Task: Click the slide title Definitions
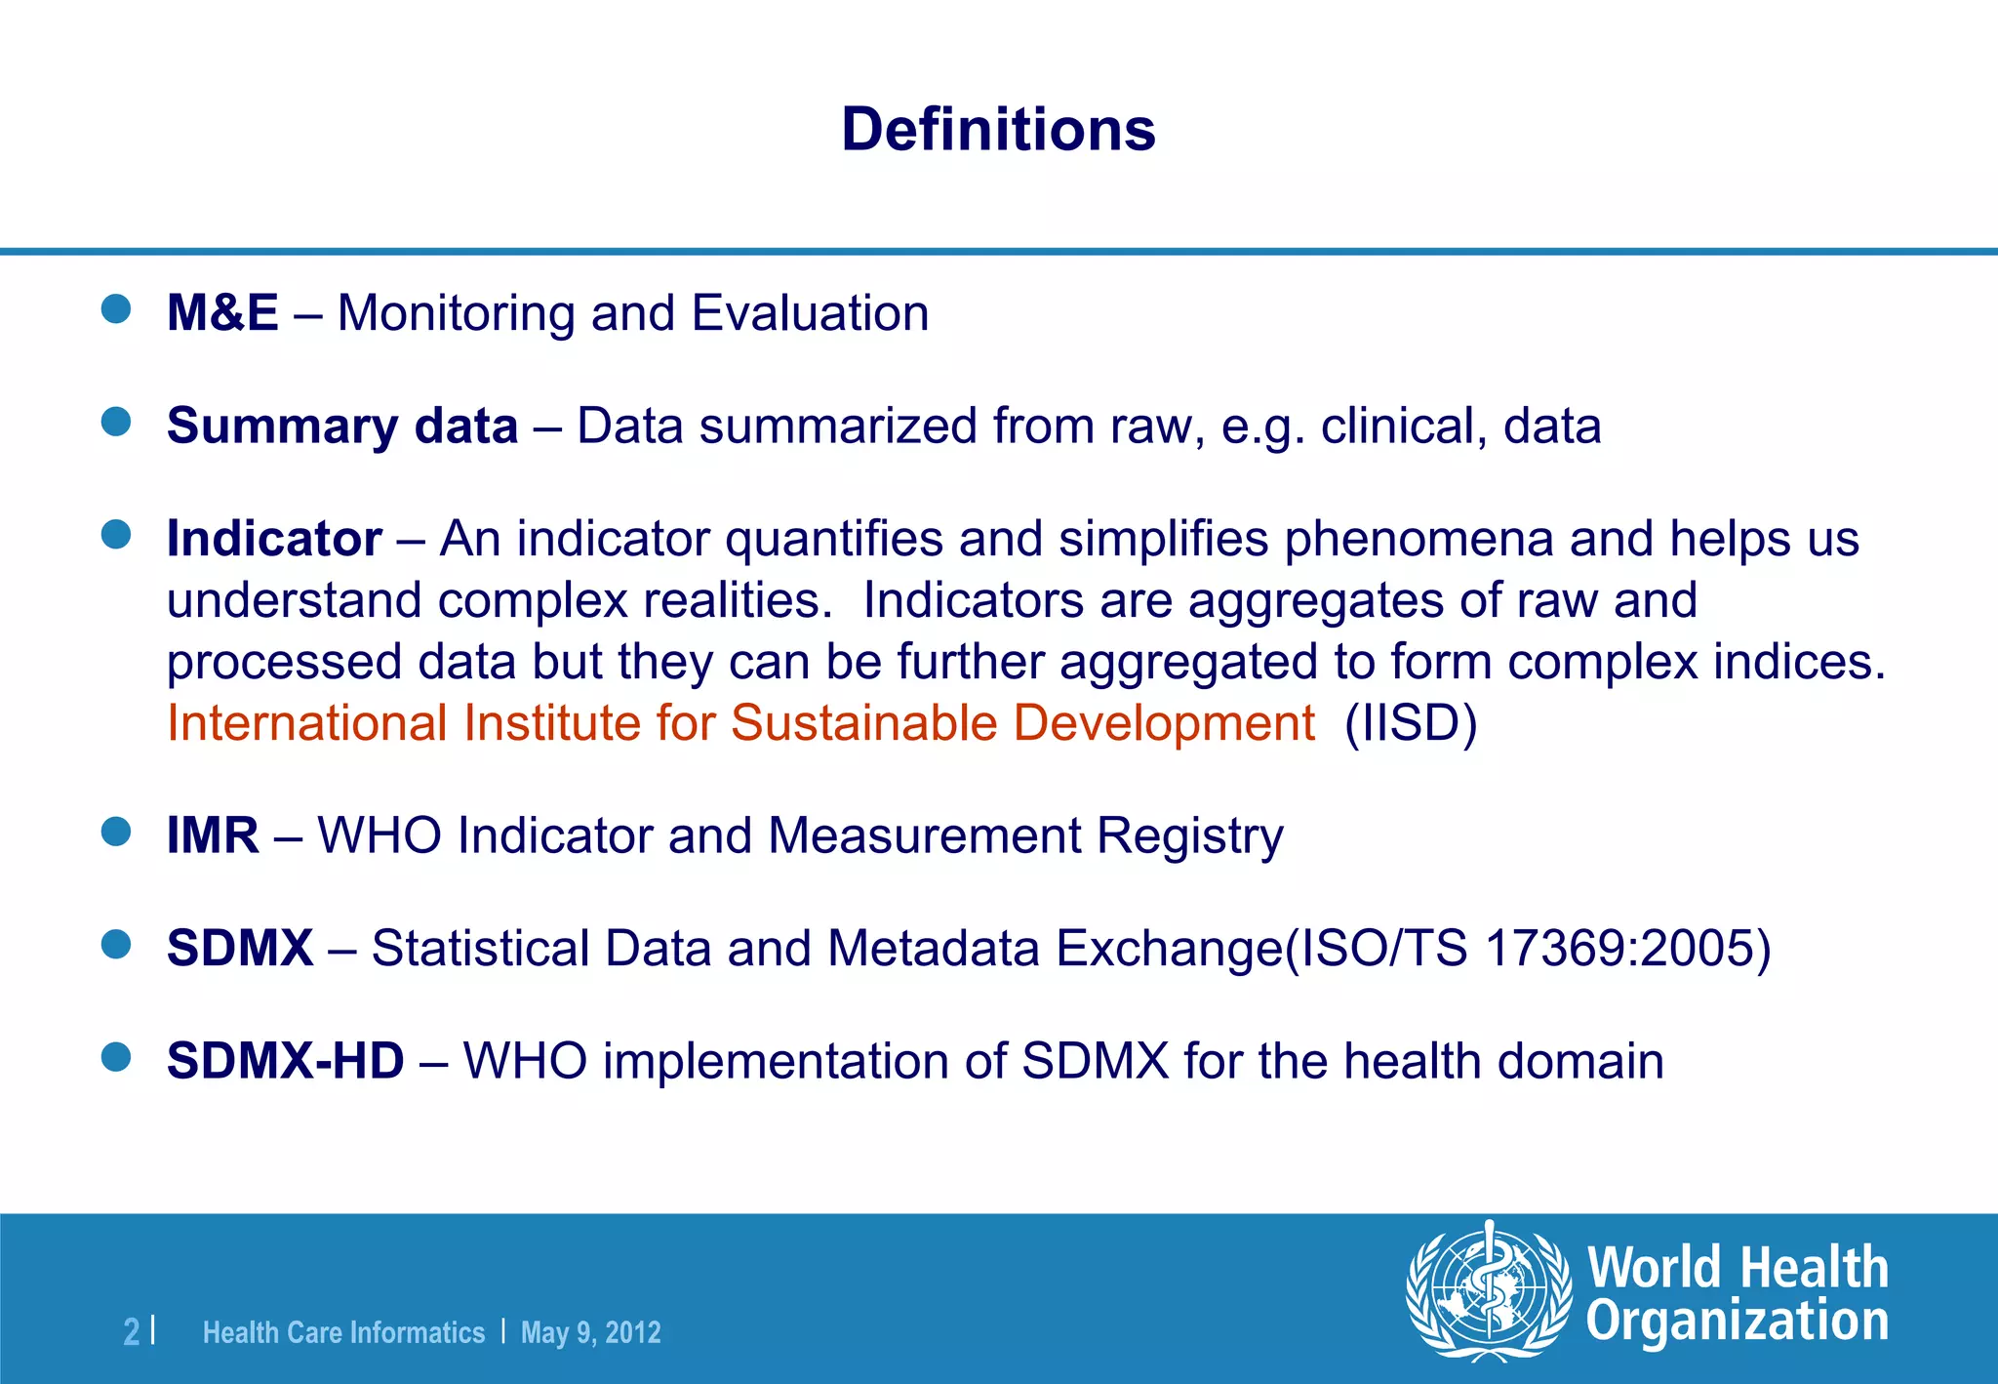pos(998,130)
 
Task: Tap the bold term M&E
pos(222,313)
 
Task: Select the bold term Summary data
pos(341,427)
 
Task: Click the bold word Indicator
pos(274,539)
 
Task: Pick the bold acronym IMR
pos(213,836)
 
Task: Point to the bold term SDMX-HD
pos(285,1061)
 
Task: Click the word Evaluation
pos(810,313)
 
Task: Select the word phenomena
pos(1419,539)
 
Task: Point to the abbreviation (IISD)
pos(1411,723)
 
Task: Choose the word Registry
pos(1189,836)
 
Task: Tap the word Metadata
pos(933,949)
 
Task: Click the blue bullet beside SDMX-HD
pos(116,1057)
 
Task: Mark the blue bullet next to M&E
pos(116,309)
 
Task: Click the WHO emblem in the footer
pos(1488,1291)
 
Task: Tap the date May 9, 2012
pos(590,1332)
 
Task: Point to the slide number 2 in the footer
pos(131,1332)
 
